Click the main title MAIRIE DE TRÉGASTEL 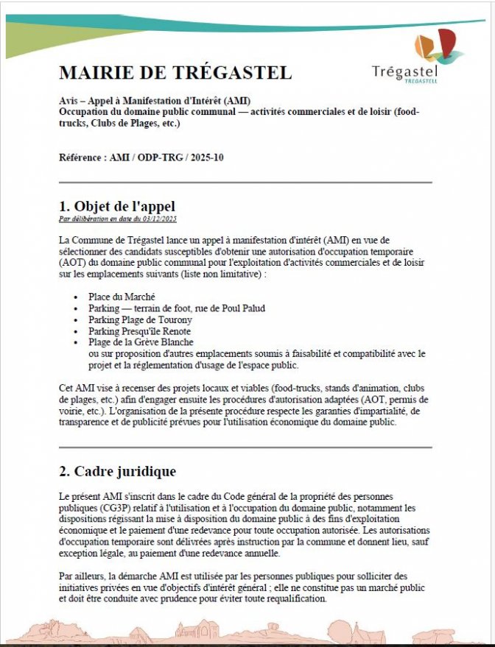coord(175,73)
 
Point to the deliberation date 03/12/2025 coord(161,219)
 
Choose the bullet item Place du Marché coord(122,297)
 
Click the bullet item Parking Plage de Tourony coord(139,320)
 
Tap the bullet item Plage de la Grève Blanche coord(141,342)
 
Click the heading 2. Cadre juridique coord(117,470)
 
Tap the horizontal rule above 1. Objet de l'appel coord(245,182)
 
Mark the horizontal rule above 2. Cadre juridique coord(245,447)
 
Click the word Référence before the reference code coord(81,158)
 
